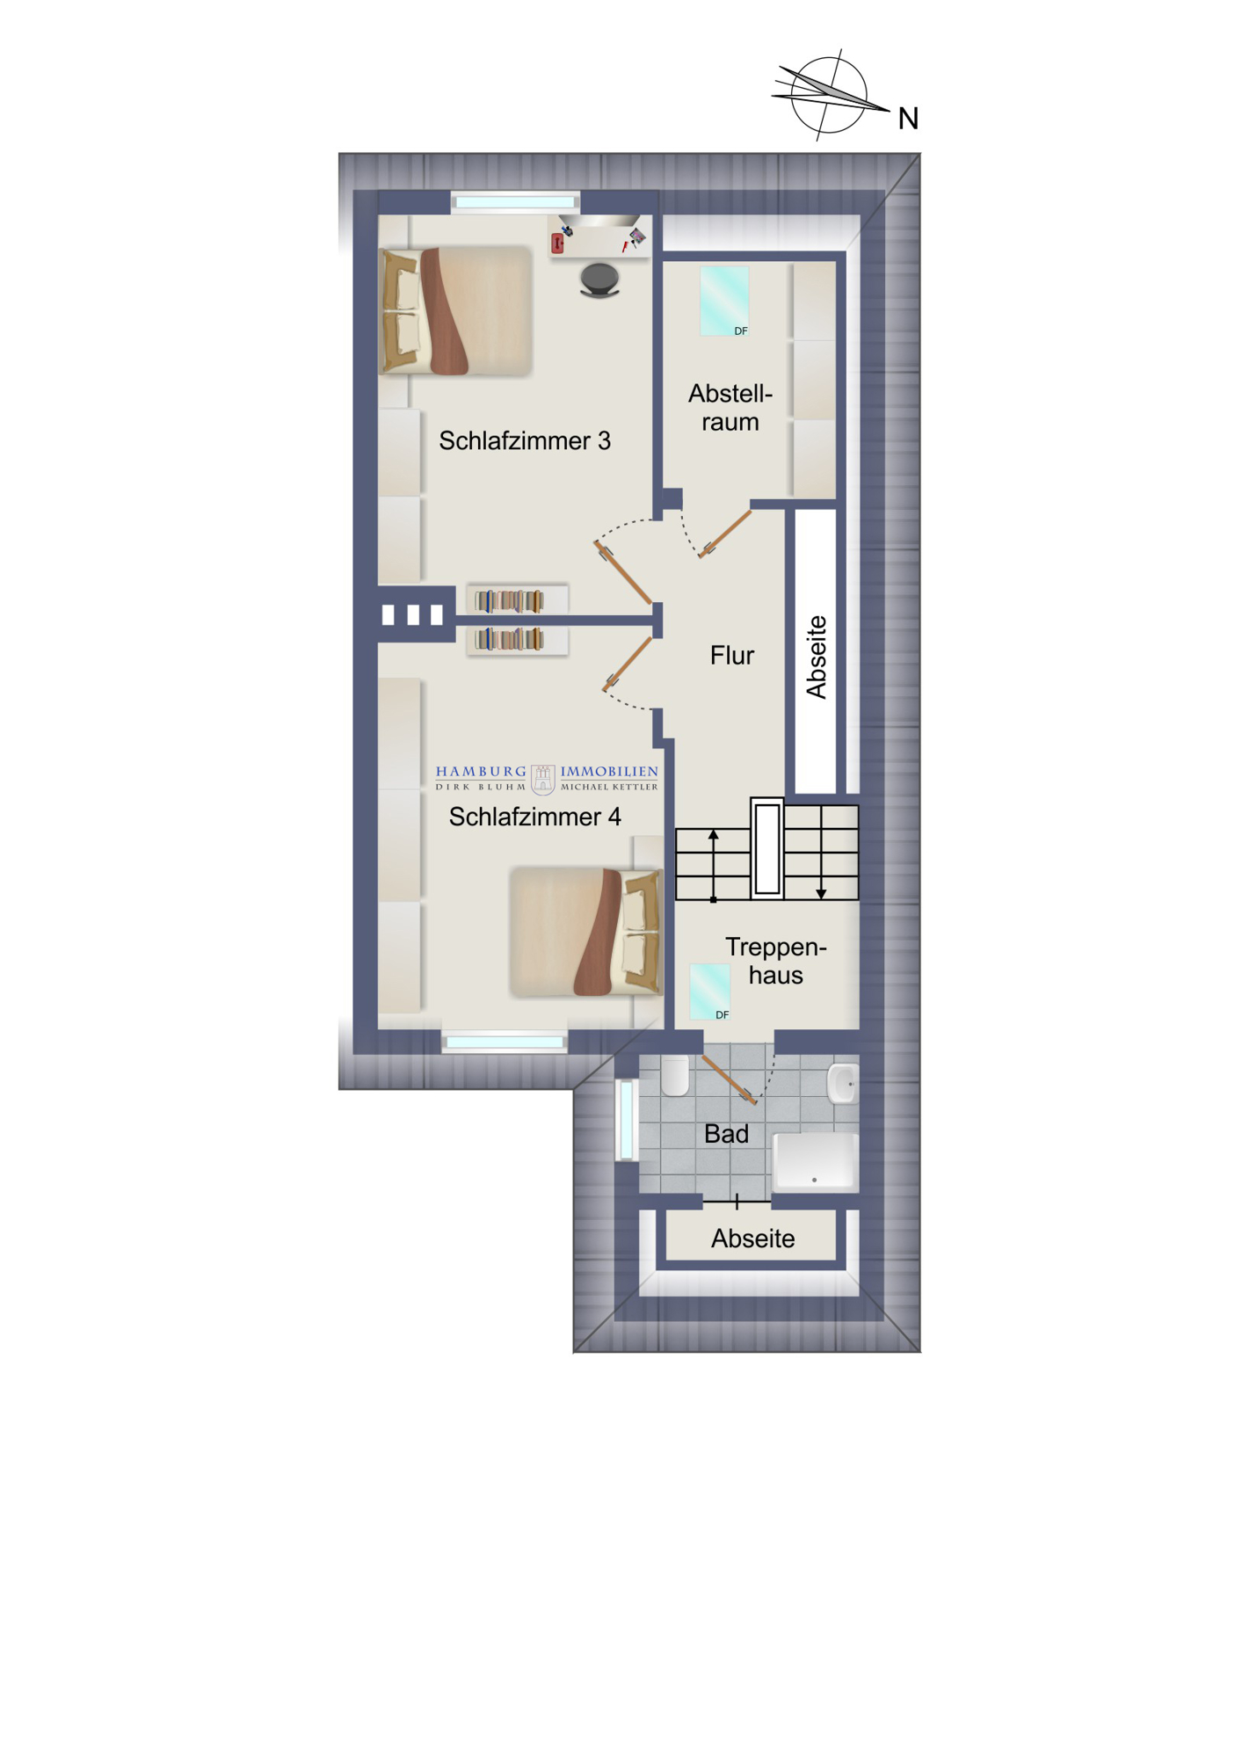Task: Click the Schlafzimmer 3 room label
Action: pos(525,440)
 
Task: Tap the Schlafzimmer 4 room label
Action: pos(534,817)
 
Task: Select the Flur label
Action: pos(732,655)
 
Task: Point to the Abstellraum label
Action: pos(730,407)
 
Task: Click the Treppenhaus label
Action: pos(775,961)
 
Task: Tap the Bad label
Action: pos(726,1134)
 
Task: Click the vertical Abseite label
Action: pos(817,657)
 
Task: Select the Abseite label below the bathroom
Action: pos(752,1239)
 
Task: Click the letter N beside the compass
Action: pos(908,119)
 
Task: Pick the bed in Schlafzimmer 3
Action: pos(455,311)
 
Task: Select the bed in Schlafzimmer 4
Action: pos(586,932)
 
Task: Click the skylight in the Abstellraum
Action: pos(724,301)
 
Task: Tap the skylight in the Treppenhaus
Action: pos(710,992)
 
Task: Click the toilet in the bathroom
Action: pos(675,1075)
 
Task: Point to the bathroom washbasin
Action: pos(843,1084)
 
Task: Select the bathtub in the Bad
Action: pos(815,1160)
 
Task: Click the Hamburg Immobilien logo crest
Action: pos(543,779)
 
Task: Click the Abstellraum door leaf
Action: pos(726,534)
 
